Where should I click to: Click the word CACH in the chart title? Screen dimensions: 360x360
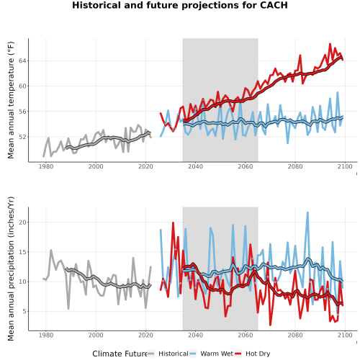tap(274, 5)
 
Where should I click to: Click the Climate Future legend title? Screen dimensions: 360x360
tap(120, 354)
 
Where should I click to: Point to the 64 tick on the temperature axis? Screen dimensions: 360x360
tap(22, 61)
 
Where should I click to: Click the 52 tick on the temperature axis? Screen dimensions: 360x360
tap(22, 137)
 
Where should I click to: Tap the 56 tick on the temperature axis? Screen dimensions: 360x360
tap(22, 112)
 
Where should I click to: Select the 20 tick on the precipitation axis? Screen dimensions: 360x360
tap(22, 222)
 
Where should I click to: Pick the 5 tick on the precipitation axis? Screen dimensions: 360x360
tap(24, 312)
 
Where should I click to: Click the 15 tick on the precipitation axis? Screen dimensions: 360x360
tap(22, 252)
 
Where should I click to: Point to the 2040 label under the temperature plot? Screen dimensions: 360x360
tap(195, 166)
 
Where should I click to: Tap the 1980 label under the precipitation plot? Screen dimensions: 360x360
tap(46, 335)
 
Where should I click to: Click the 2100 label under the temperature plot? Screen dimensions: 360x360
tap(345, 166)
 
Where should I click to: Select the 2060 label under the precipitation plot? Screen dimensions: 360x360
tap(246, 335)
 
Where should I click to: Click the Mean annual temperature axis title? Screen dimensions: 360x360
tap(11, 100)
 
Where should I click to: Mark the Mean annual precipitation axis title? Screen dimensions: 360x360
tap(11, 269)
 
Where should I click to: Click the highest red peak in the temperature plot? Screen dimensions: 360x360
tap(330, 44)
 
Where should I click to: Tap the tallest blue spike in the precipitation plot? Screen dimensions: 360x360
tap(307, 212)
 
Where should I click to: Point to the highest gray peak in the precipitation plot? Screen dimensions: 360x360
tap(51, 250)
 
